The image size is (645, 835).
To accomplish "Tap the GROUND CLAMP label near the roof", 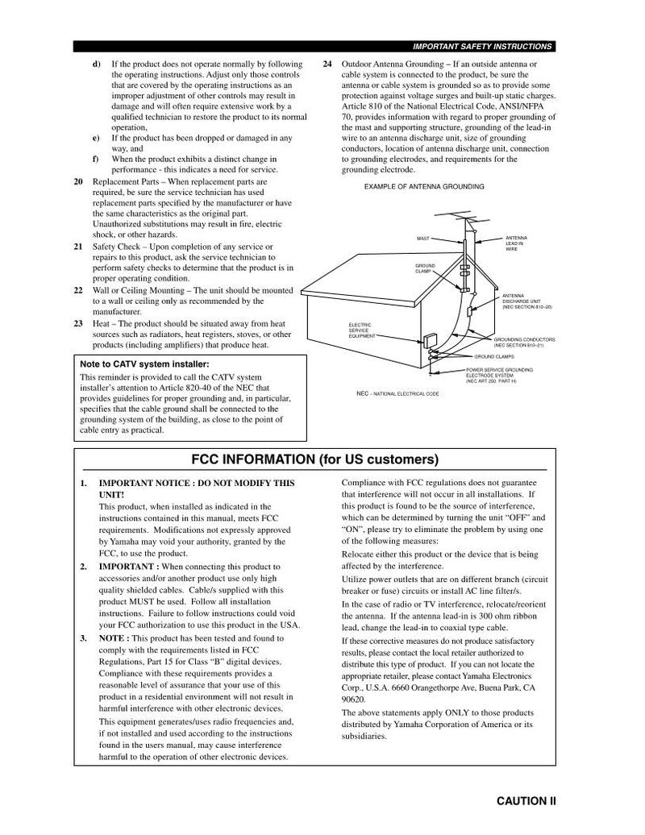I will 425,268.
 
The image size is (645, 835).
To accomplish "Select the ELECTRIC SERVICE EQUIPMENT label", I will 360,330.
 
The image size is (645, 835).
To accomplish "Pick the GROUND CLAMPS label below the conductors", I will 494,356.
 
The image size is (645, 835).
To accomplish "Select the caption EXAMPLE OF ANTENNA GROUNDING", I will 424,186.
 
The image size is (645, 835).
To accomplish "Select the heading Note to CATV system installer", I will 139,364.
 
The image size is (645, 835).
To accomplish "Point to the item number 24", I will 327,64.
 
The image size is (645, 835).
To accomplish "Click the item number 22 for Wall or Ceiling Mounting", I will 78,289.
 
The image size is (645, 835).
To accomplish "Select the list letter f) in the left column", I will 96,159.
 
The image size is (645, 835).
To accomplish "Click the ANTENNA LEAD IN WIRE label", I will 516,244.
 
